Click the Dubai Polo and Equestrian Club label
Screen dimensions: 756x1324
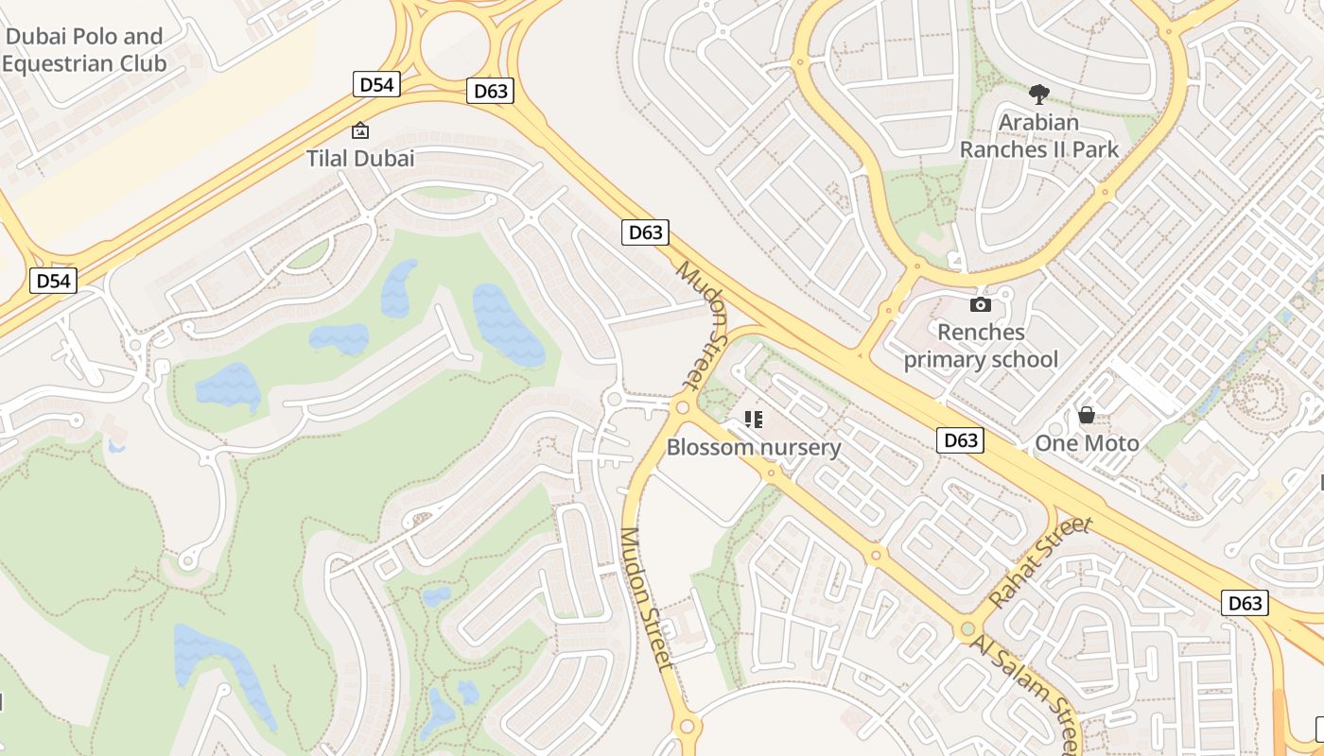(x=83, y=50)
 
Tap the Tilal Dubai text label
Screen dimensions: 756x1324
(x=360, y=158)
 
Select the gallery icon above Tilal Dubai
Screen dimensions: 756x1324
(x=360, y=130)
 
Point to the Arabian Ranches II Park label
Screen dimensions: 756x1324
(x=1038, y=135)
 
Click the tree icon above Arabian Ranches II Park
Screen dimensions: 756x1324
(x=1038, y=94)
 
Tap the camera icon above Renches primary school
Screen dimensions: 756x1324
(x=981, y=304)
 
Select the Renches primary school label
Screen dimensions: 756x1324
(x=981, y=346)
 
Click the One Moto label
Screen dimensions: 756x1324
(x=1087, y=443)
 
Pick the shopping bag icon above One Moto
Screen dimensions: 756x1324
(x=1087, y=415)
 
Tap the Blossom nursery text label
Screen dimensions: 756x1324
(x=754, y=447)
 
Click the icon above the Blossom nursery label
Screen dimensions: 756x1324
(x=754, y=419)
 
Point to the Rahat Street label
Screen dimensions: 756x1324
(x=1040, y=562)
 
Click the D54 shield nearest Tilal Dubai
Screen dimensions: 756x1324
(x=376, y=84)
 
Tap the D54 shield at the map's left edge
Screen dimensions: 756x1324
(x=53, y=281)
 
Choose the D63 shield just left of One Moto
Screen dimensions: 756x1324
(x=960, y=439)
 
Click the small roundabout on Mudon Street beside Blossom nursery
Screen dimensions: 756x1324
(x=682, y=407)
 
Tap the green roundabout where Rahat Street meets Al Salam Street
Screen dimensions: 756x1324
(x=967, y=628)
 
